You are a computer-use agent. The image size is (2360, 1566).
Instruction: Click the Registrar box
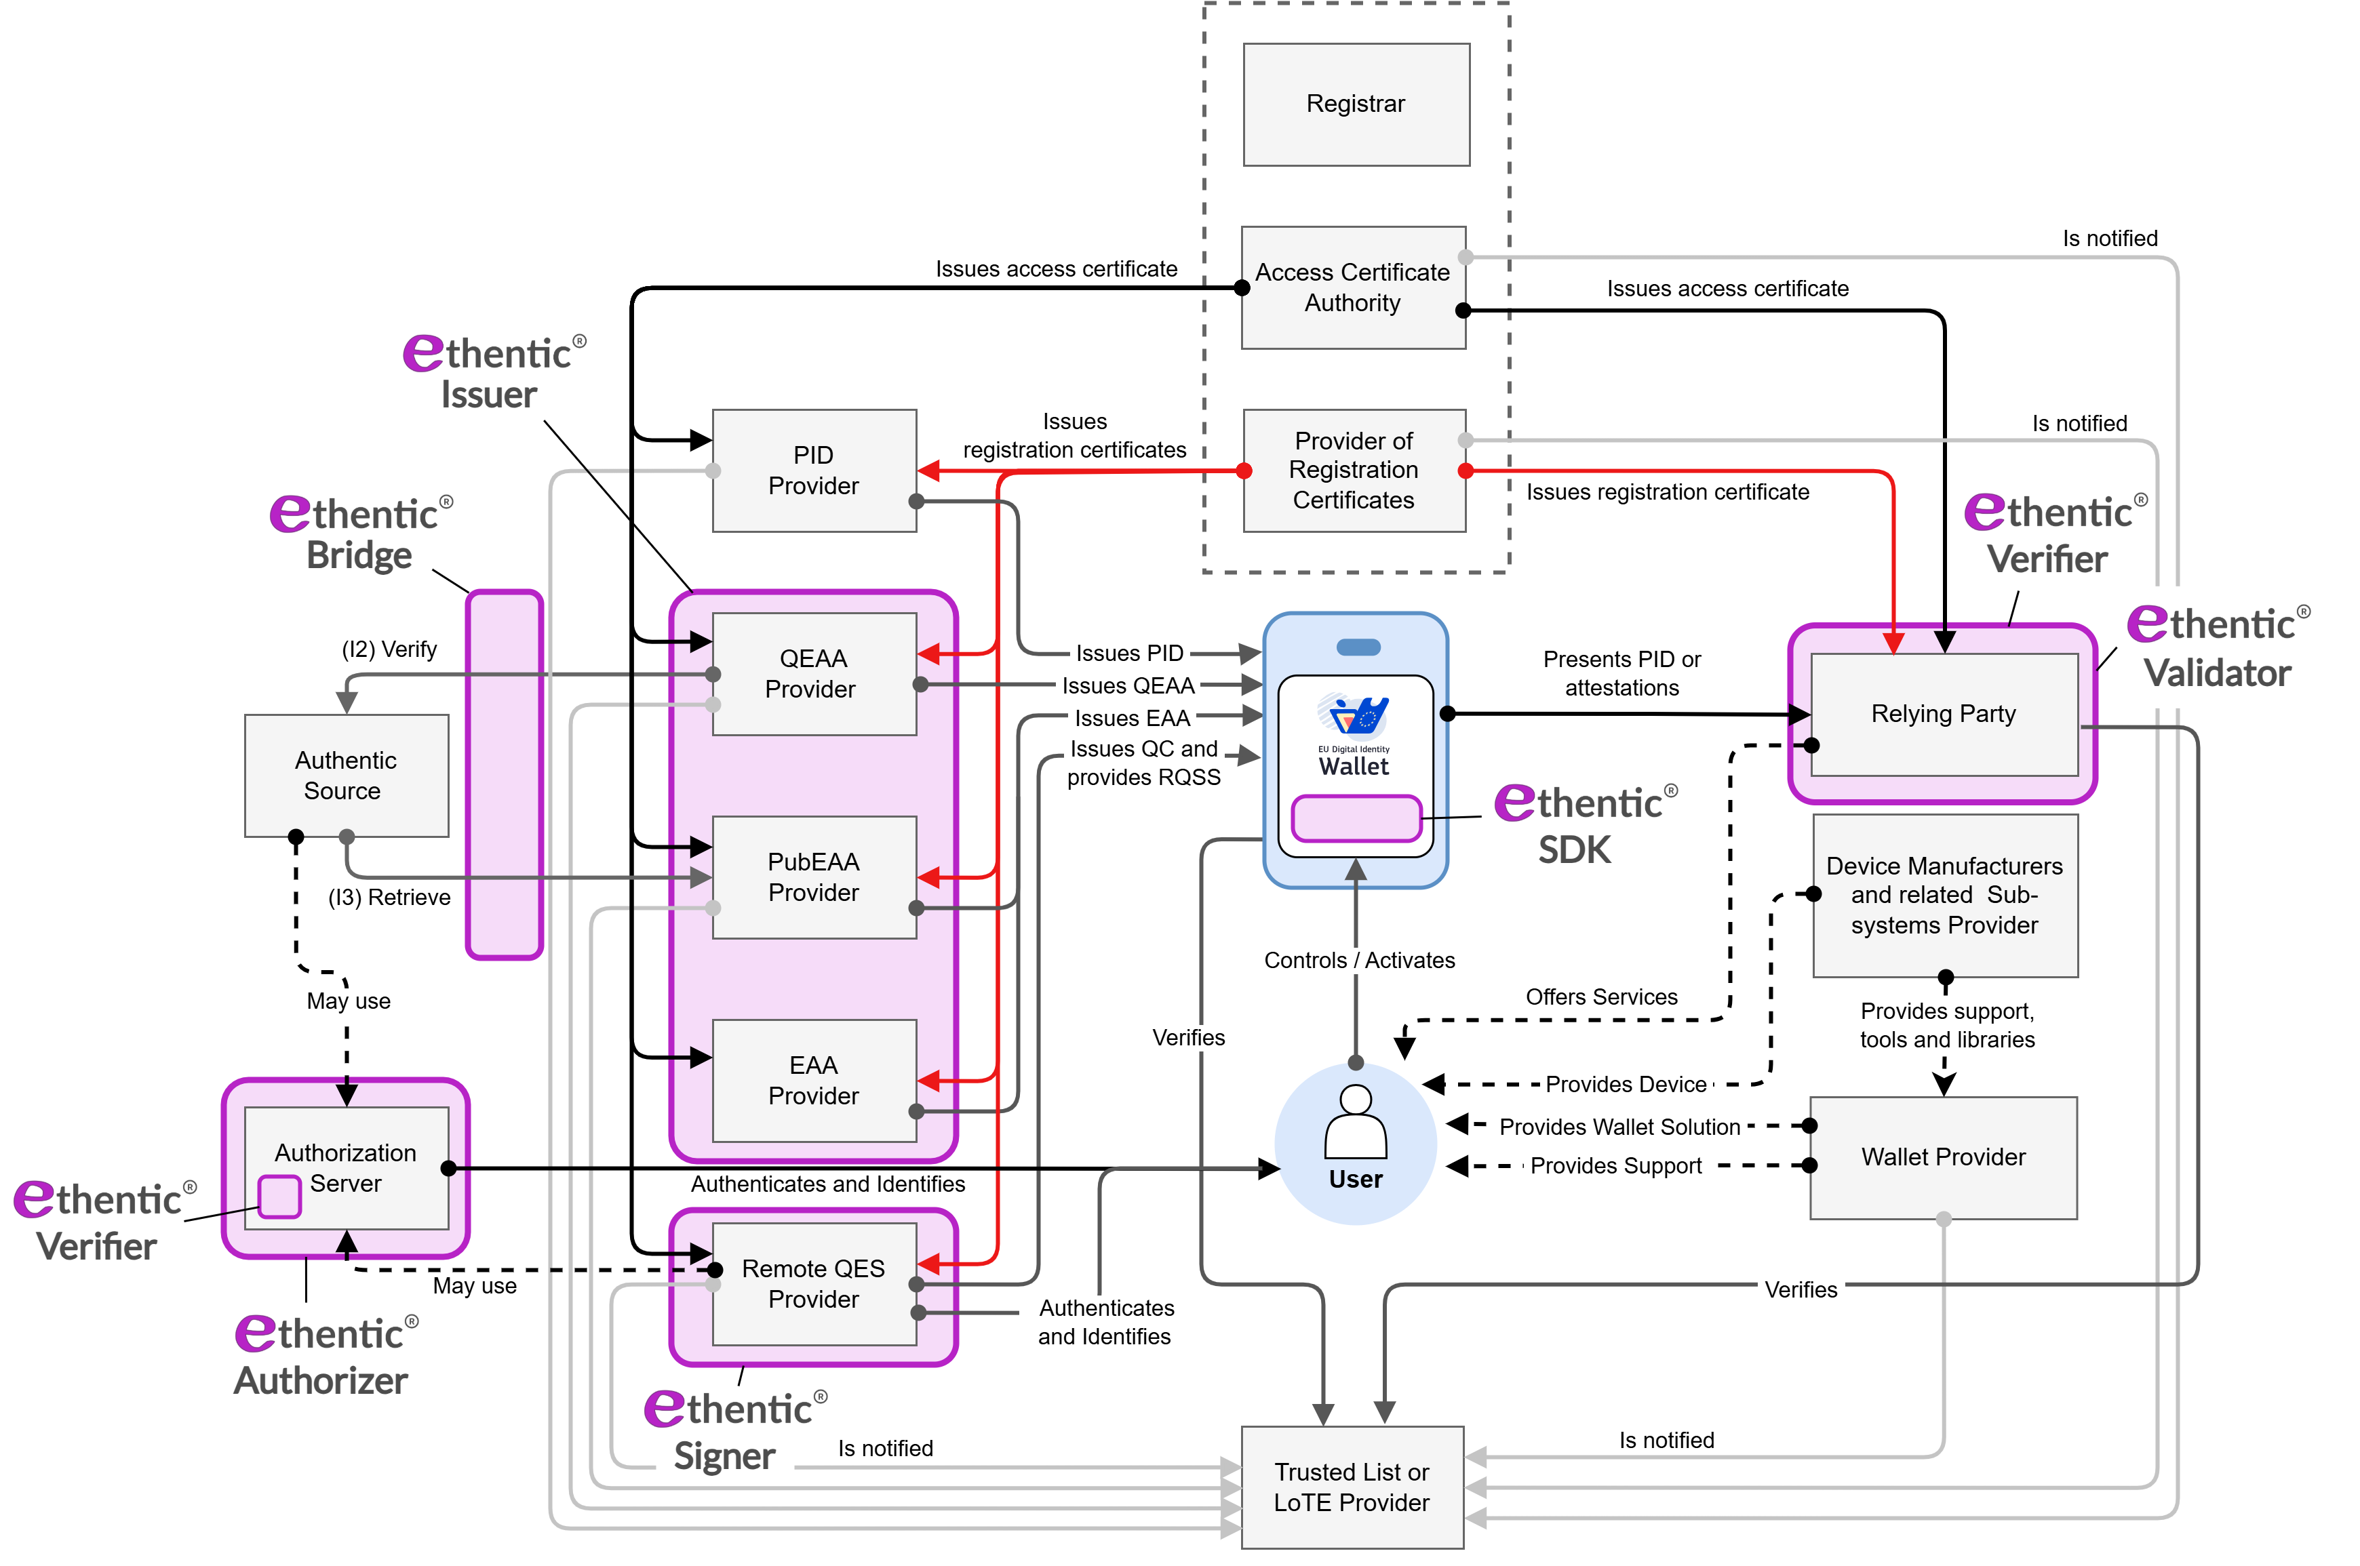(1356, 104)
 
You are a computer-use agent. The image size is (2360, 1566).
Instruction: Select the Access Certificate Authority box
(1353, 287)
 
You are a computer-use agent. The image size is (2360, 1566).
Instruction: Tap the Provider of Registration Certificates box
(1354, 470)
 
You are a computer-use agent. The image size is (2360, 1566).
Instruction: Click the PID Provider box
(813, 470)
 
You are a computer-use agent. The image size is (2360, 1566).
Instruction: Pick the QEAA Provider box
(813, 674)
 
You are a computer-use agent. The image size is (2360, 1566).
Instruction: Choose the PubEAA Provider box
(813, 877)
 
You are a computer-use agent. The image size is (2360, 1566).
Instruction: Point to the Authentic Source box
(346, 775)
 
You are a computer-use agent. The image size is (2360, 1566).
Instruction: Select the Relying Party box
(1944, 714)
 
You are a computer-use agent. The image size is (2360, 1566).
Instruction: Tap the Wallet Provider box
(1944, 1157)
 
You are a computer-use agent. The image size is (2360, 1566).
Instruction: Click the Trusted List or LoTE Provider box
(1352, 1487)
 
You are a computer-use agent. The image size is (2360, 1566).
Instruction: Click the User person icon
(1355, 1123)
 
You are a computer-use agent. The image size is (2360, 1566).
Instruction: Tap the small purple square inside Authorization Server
(280, 1197)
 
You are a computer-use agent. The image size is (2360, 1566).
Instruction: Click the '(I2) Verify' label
(390, 650)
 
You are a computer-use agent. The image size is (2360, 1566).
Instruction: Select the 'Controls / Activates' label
(1359, 961)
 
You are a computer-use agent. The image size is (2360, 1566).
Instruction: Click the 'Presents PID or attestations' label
(1621, 673)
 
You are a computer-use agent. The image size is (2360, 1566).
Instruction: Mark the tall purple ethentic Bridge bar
(505, 775)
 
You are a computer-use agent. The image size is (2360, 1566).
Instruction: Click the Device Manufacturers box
(1944, 895)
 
